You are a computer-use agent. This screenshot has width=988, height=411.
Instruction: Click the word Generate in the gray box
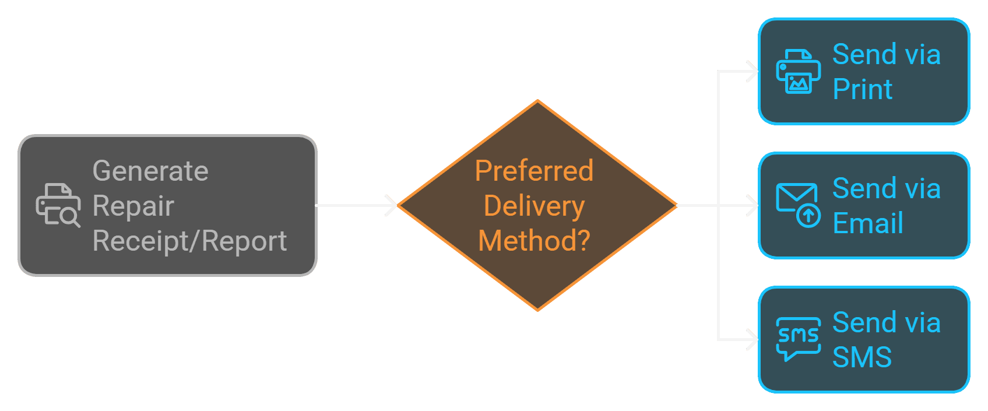pos(150,171)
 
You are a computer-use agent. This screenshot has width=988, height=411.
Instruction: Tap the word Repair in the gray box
pos(133,206)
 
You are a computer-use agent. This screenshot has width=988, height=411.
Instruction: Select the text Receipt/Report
pos(189,241)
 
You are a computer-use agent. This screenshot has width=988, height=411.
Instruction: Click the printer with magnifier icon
pos(58,205)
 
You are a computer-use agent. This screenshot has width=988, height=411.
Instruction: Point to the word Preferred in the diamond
pos(534,171)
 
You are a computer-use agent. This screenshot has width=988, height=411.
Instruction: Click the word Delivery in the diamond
pos(534,206)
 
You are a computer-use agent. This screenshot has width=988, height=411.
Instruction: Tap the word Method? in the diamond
pos(534,241)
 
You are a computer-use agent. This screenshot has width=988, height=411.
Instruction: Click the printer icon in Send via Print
pos(799,72)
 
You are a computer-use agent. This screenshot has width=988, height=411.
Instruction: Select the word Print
pos(863,89)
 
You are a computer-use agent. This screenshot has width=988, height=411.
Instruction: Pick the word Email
pos(868,223)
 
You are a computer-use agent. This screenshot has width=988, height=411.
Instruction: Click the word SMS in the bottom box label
pos(862,357)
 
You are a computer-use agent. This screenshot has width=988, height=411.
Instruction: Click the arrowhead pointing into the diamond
pos(392,205)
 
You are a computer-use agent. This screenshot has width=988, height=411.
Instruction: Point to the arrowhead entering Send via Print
pos(753,72)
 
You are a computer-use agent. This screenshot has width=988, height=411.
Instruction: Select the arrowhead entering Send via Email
pos(753,205)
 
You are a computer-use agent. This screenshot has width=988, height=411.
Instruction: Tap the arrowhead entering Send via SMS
pos(753,339)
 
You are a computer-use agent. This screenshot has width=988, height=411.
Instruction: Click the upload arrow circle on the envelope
pos(808,216)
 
